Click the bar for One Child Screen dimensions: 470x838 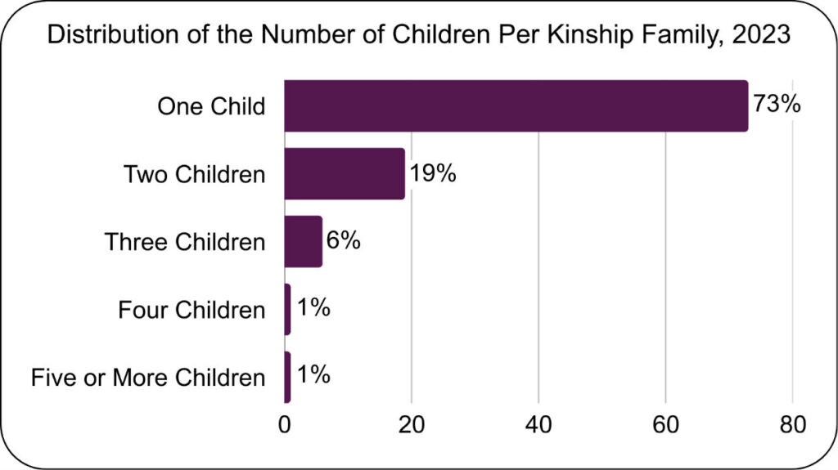[x=516, y=106]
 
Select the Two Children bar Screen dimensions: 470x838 [x=345, y=174]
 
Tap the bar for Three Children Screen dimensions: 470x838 [x=303, y=242]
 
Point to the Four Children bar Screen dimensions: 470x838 [x=287, y=310]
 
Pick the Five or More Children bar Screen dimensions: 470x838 [x=287, y=377]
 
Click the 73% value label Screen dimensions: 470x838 [x=775, y=106]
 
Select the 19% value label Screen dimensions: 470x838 [x=432, y=174]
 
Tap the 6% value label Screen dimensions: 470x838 [x=343, y=242]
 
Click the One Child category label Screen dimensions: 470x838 [x=211, y=106]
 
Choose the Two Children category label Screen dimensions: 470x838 [x=194, y=174]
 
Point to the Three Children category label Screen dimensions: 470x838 [x=185, y=242]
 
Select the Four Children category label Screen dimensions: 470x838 [x=191, y=310]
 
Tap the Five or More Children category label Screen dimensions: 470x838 [x=148, y=377]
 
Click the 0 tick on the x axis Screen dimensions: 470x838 [x=285, y=425]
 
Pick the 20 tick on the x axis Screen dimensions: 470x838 [x=412, y=425]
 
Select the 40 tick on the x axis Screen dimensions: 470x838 [x=538, y=425]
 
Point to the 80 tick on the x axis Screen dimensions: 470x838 [x=792, y=425]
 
